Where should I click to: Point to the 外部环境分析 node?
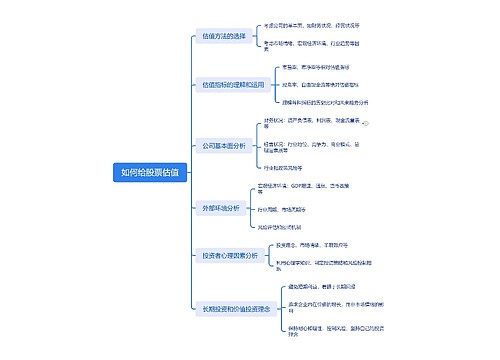click(x=221, y=208)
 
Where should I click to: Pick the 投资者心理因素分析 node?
click(x=230, y=255)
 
